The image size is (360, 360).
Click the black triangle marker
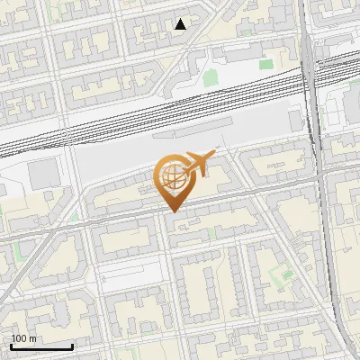pyautogui.click(x=181, y=24)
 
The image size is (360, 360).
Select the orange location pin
pyautogui.click(x=175, y=180)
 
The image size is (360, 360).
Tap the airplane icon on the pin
pyautogui.click(x=198, y=164)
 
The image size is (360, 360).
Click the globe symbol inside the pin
pyautogui.click(x=171, y=177)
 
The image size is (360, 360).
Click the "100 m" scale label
pyautogui.click(x=24, y=338)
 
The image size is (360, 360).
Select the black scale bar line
pyautogui.click(x=41, y=346)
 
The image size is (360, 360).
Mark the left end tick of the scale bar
pyautogui.click(x=11, y=345)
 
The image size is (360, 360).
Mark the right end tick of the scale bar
pyautogui.click(x=72, y=345)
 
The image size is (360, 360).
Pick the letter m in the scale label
pyautogui.click(x=33, y=338)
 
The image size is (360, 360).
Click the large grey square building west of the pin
pyautogui.click(x=41, y=175)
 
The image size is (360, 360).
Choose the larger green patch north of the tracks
pyautogui.click(x=210, y=77)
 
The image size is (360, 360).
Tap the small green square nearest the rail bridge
pyautogui.click(x=265, y=64)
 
